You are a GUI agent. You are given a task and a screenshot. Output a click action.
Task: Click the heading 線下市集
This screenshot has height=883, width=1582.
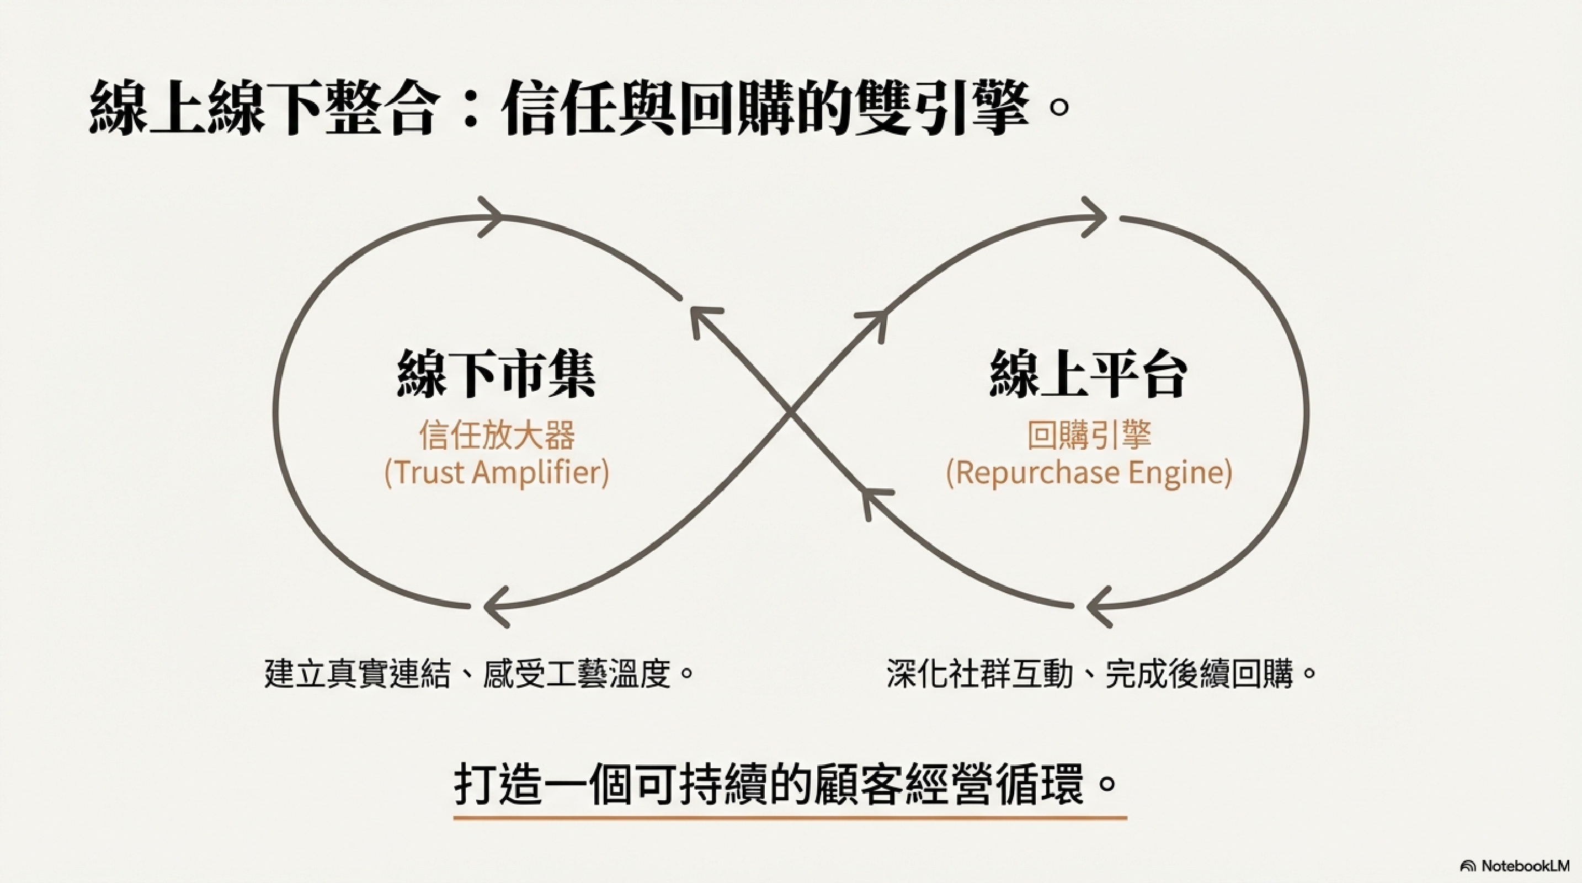496,374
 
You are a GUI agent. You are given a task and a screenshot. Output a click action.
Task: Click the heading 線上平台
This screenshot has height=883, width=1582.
1088,374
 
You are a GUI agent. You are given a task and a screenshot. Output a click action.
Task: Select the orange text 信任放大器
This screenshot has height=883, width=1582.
496,435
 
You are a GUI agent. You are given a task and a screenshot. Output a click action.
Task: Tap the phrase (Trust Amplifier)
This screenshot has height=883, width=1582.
496,472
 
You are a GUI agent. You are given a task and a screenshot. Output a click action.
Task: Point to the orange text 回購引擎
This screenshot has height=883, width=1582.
1088,435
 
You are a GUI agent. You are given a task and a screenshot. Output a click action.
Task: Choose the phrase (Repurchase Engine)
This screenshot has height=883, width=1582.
1088,472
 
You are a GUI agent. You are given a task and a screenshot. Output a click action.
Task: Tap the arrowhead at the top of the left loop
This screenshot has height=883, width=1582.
491,216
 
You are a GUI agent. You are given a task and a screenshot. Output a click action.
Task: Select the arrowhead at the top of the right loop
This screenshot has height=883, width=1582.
1094,216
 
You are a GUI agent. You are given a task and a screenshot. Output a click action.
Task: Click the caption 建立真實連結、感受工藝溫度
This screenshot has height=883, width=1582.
479,674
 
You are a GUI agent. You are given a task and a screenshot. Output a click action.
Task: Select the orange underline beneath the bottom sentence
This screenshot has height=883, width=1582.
790,818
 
